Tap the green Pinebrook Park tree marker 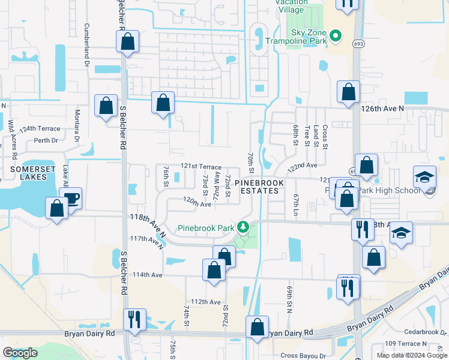(x=243, y=227)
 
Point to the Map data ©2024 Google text (x=411, y=355)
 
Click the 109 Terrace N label (x=406, y=343)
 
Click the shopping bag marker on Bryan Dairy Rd (x=257, y=327)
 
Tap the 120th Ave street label (x=197, y=204)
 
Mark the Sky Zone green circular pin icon (x=336, y=35)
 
